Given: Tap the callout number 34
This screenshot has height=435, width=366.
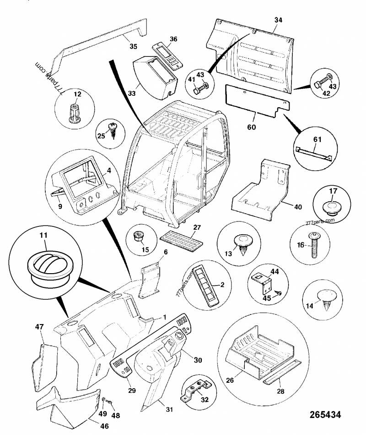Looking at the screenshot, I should coord(279,20).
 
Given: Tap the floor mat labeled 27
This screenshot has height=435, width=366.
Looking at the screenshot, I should coord(181,239).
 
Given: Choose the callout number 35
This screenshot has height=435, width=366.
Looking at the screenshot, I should coord(133,46).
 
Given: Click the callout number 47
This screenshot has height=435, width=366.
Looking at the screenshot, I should coord(39,327).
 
